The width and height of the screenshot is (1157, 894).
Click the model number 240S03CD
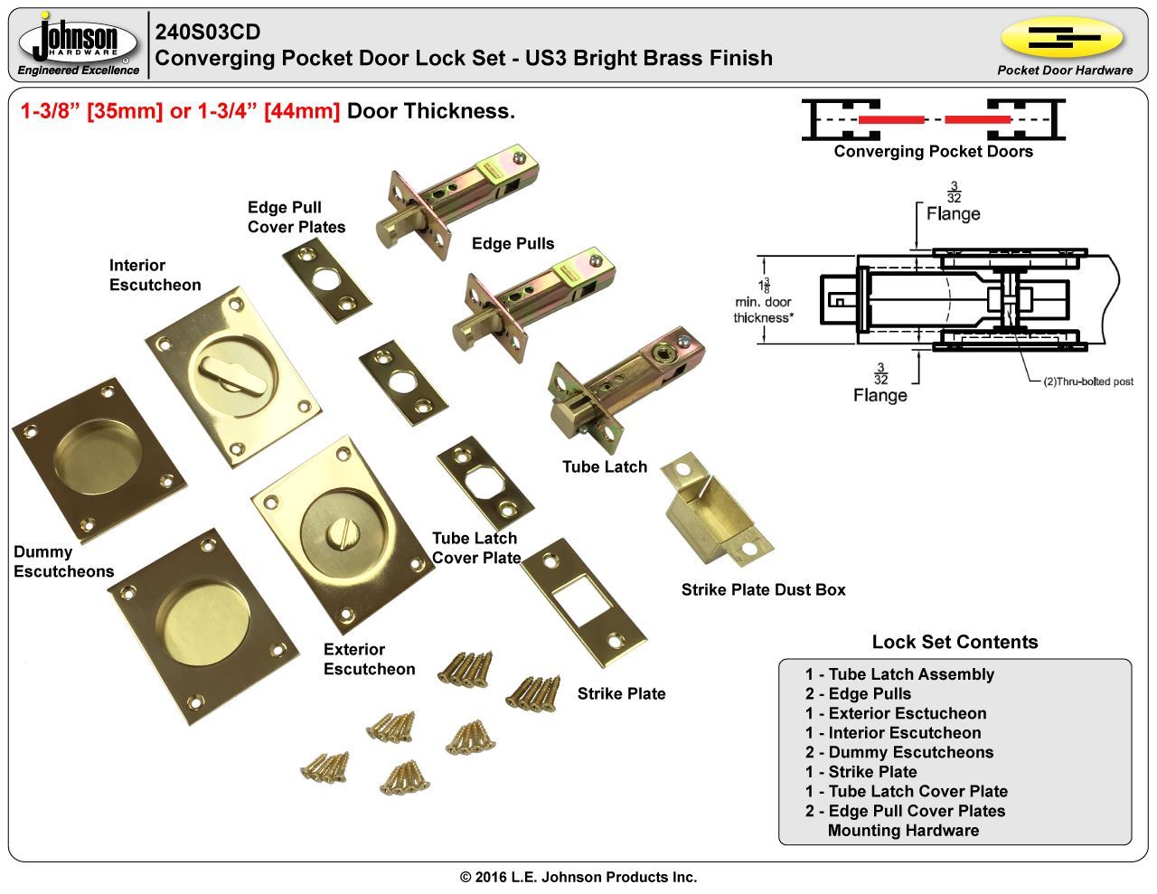(208, 33)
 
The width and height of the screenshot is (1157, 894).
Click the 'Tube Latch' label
(605, 466)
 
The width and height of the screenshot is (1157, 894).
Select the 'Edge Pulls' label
(513, 243)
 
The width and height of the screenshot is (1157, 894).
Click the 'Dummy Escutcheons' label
(63, 561)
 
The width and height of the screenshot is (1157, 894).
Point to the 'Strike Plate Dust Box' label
(763, 589)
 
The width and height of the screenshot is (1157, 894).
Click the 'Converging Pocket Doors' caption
(933, 151)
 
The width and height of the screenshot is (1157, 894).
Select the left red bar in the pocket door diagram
(891, 119)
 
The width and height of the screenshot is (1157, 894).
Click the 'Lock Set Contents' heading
(955, 642)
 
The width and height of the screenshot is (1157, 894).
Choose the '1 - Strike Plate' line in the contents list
(861, 772)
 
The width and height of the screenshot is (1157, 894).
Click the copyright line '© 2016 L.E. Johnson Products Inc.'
(578, 877)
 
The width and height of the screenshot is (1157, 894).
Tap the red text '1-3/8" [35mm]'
(91, 111)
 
